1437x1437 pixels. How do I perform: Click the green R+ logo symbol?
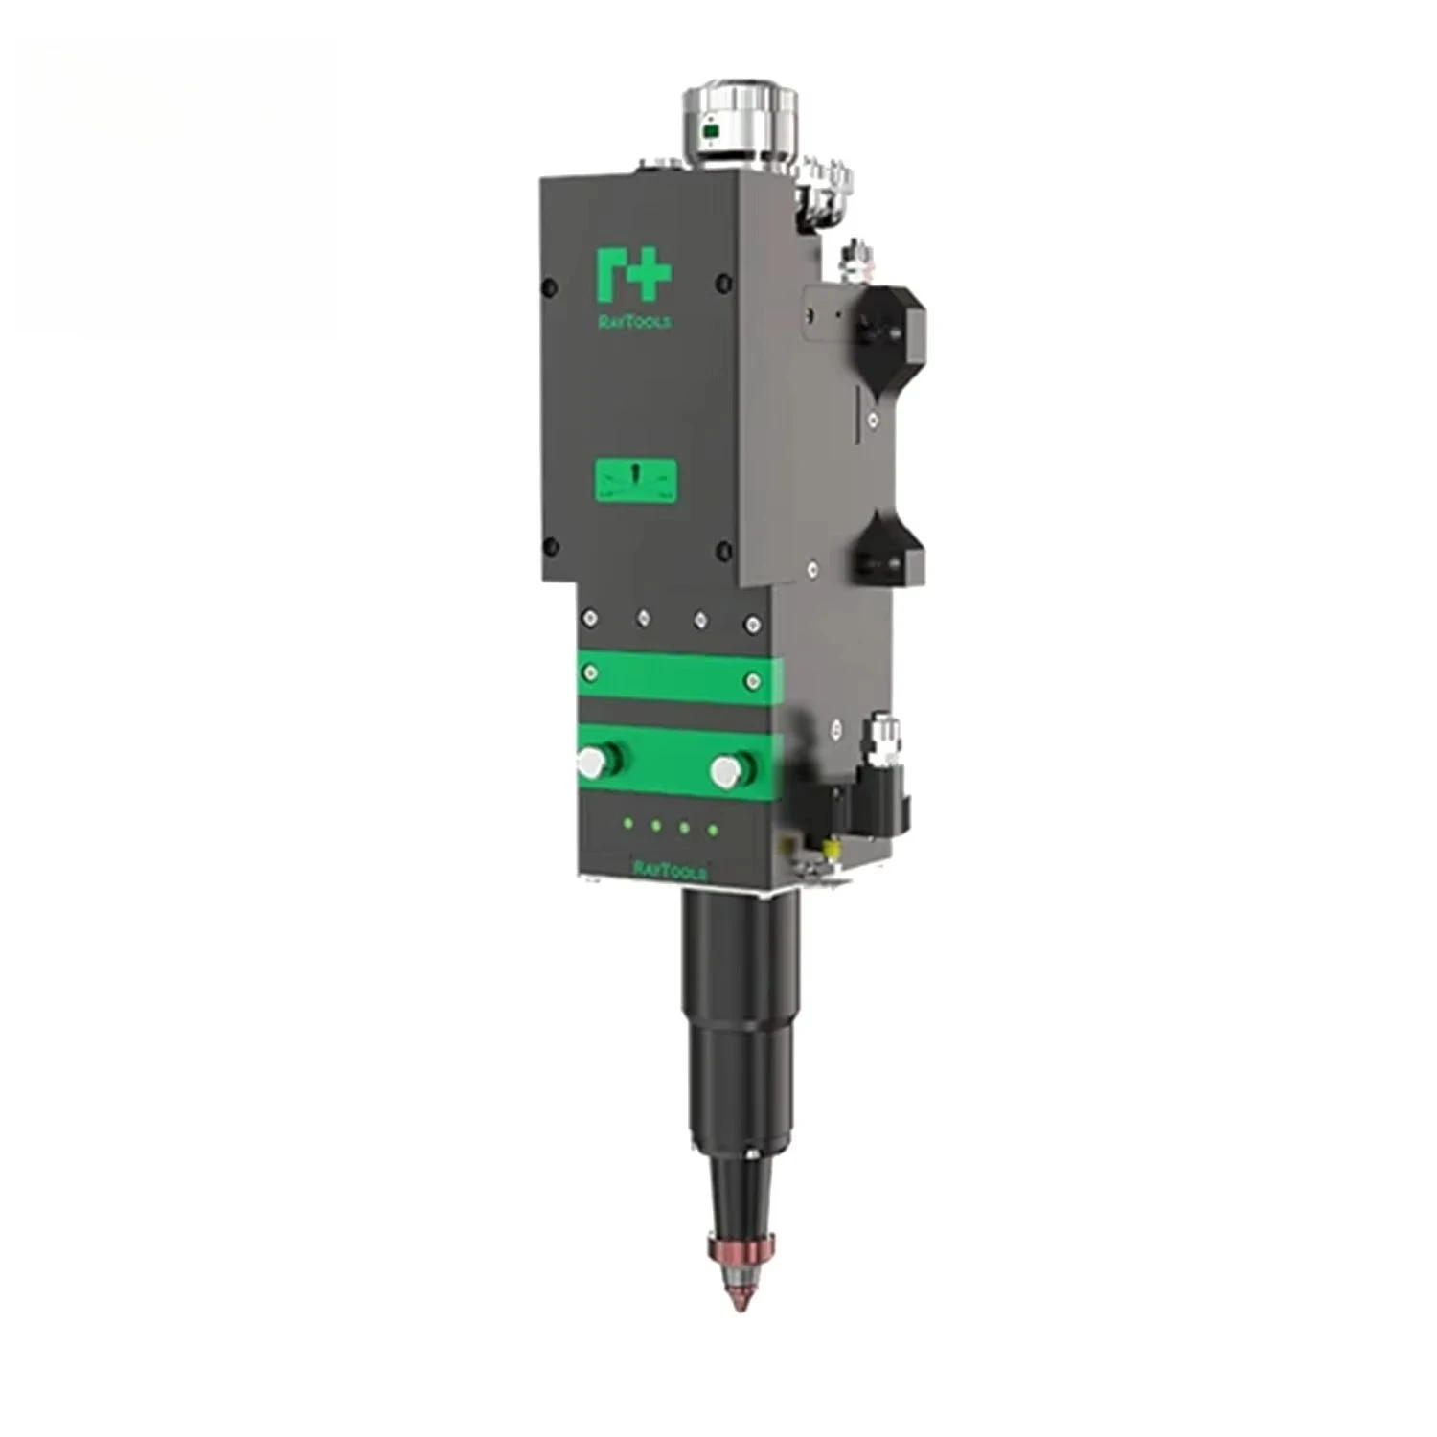point(632,274)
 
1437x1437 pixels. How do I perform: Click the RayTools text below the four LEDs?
point(670,869)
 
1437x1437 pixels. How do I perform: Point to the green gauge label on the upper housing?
point(635,480)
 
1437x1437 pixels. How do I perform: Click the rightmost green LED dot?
point(713,829)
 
